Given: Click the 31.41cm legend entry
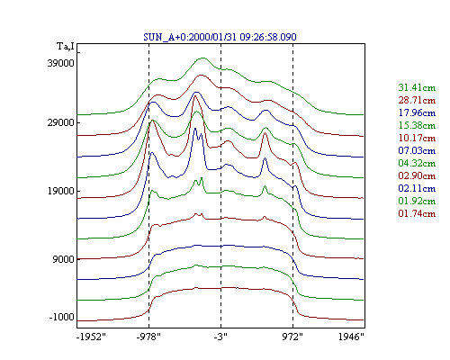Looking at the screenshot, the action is click(x=417, y=87).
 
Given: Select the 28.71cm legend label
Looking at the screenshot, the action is click(x=417, y=100).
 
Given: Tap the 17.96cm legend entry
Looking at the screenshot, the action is click(x=417, y=112).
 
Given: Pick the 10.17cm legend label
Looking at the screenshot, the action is click(x=417, y=138).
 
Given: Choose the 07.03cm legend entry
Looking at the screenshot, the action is click(x=417, y=150).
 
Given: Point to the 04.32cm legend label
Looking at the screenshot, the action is click(x=417, y=163).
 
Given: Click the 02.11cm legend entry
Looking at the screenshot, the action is click(x=417, y=188).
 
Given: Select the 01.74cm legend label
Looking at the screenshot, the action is click(x=417, y=213).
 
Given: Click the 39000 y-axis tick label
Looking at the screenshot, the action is click(x=60, y=63).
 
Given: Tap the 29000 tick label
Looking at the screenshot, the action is click(x=60, y=122).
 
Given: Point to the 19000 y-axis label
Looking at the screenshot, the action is click(x=60, y=191).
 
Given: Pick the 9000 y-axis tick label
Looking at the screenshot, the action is click(x=63, y=259).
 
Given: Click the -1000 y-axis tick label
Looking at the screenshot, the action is click(x=61, y=317).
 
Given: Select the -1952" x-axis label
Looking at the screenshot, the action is click(x=91, y=337).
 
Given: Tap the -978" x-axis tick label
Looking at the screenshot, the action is click(x=148, y=337).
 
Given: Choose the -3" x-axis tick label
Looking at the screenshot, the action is click(x=220, y=337).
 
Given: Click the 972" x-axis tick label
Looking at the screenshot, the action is click(x=292, y=337).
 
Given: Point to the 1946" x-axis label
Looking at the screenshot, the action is click(x=351, y=337).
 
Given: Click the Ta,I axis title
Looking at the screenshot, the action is click(x=66, y=47).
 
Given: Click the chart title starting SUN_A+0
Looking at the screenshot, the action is click(x=220, y=37).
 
